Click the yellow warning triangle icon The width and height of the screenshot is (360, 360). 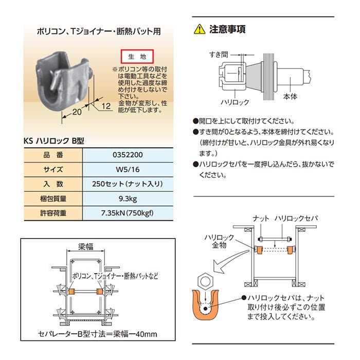tap(200, 29)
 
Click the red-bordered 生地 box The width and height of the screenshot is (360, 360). tap(137, 56)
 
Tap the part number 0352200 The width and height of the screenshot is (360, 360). tap(128, 155)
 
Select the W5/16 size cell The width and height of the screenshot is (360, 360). tap(128, 169)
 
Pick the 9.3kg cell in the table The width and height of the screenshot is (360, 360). tap(128, 199)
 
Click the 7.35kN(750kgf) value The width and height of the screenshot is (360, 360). tap(127, 213)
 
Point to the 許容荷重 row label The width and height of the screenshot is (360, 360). tap(53, 213)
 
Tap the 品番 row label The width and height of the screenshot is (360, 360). tap(53, 155)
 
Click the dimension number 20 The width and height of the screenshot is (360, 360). tap(77, 112)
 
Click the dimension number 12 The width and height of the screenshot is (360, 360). tap(106, 106)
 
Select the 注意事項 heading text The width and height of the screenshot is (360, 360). tap(227, 29)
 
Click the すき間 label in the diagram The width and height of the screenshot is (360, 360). tap(219, 55)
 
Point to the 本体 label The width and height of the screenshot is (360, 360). tap(290, 97)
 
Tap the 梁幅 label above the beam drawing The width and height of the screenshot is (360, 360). tap(86, 247)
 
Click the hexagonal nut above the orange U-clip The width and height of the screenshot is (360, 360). tap(205, 281)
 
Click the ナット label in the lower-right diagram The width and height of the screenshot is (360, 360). tap(261, 219)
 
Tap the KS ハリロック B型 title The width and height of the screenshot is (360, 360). tap(54, 140)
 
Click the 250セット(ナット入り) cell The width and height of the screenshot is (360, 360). tap(128, 184)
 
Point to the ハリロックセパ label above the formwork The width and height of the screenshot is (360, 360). tap(296, 219)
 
